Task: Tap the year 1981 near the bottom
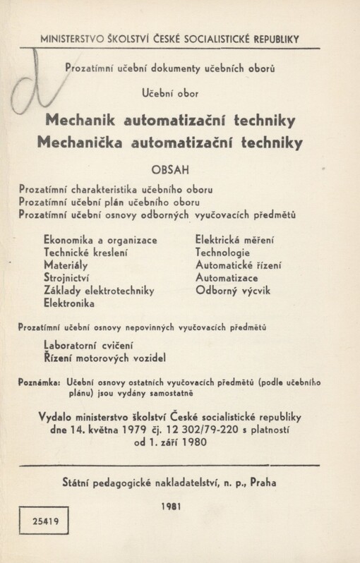coord(172,507)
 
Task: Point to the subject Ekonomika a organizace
coord(100,239)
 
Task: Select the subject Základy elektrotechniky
coord(99,290)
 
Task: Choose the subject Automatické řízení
coord(239,265)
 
